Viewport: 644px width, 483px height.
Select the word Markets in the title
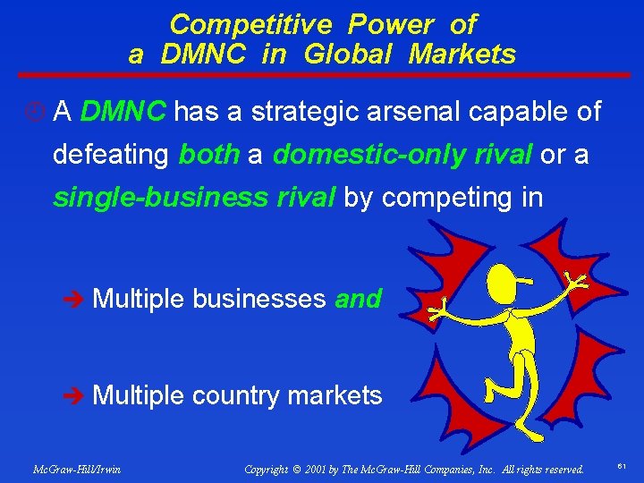coord(462,55)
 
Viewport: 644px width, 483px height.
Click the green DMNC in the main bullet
coord(123,112)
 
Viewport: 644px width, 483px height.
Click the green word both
coord(209,154)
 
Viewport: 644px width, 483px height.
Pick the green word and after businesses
coord(359,299)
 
